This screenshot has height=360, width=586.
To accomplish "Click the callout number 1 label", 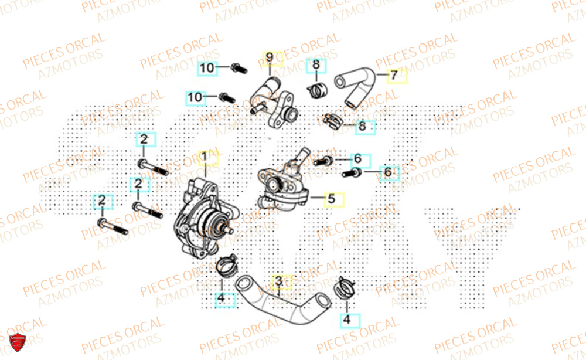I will point(205,157).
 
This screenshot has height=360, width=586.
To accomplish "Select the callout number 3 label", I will point(280,282).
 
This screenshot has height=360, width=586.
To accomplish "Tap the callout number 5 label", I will point(331,199).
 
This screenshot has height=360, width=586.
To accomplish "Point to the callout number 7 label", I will point(394,76).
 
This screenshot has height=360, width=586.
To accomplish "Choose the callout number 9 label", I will point(270,57).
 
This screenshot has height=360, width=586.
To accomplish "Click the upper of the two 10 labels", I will point(207,67).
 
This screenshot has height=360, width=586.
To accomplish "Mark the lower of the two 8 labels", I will point(362,125).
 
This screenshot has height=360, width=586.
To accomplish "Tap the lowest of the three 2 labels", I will point(102,201).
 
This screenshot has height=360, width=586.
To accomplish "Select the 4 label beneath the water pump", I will point(221,298).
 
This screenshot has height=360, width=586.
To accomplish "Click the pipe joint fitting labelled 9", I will point(273,99).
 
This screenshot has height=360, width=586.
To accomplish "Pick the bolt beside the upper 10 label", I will point(237,69).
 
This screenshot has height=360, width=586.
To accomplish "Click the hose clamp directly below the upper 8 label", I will point(317,91).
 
